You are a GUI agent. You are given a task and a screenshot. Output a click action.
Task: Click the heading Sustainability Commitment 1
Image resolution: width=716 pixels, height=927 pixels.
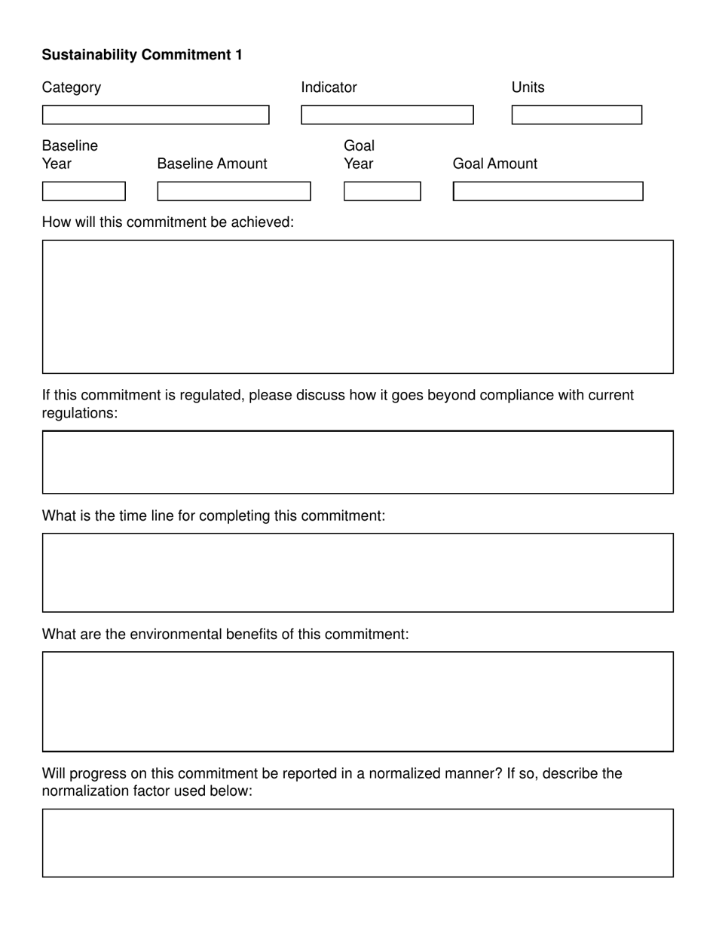pos(142,55)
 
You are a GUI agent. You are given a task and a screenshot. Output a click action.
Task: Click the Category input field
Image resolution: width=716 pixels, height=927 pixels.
pos(155,115)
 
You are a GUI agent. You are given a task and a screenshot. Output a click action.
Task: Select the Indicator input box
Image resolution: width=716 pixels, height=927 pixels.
pos(387,115)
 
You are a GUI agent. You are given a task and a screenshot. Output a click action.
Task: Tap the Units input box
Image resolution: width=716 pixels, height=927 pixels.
pos(577,115)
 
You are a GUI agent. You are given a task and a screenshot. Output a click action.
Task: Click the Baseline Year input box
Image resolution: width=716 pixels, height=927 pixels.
pos(84,191)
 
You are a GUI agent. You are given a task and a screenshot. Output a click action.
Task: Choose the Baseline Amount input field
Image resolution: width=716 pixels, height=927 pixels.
pos(234,191)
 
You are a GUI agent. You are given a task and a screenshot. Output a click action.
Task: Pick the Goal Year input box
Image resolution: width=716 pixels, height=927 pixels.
pos(382,191)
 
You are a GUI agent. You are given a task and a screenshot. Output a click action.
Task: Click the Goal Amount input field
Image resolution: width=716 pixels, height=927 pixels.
pos(548,191)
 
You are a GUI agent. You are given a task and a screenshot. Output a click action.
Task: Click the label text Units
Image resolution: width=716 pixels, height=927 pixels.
pos(528,87)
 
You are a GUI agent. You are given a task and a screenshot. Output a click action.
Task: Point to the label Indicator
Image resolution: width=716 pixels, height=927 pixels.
pos(329,87)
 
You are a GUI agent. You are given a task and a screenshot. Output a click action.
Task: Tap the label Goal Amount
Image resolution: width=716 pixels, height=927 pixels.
pos(494,164)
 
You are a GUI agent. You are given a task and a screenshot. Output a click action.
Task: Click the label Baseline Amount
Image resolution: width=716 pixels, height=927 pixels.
pos(212,164)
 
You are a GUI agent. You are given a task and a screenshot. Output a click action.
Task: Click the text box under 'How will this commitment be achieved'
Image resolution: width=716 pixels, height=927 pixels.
pos(357,307)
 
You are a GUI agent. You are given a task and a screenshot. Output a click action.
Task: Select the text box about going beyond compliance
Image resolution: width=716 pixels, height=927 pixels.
pos(357,462)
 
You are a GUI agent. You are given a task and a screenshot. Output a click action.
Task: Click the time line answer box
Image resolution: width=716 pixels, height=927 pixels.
pos(357,573)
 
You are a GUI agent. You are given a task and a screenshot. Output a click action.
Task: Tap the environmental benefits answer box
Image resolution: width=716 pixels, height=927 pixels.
pos(357,702)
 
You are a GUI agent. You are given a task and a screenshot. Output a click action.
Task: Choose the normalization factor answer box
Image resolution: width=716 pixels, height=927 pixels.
pos(357,843)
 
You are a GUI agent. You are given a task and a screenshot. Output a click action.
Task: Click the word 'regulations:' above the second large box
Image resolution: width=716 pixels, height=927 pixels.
pos(80,414)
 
